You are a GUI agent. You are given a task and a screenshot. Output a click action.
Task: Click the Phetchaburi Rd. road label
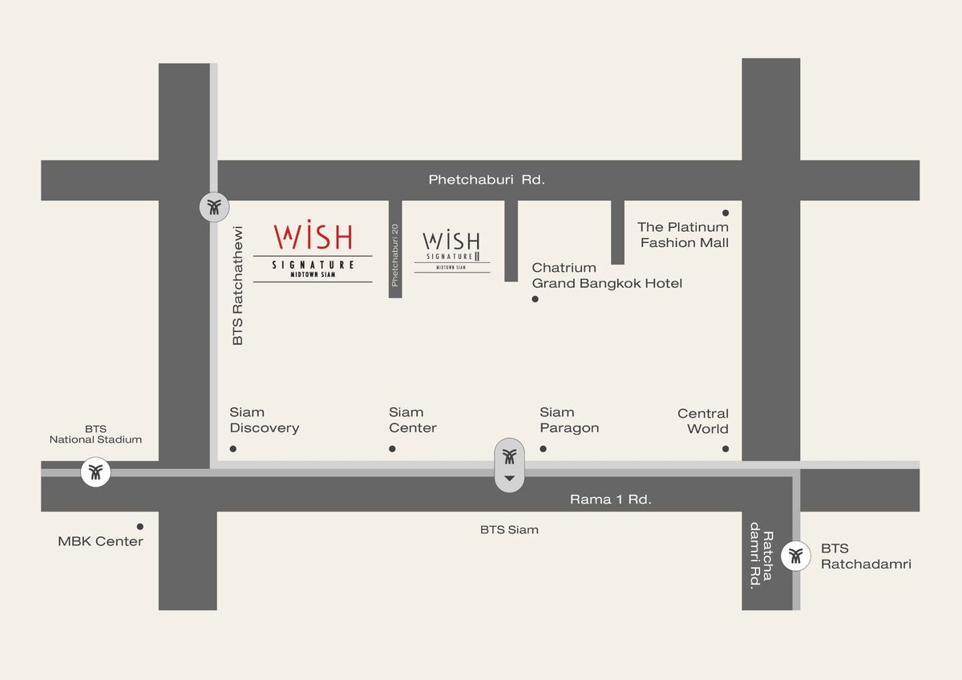pos(487,180)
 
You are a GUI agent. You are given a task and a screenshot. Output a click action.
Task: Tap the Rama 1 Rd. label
pos(610,499)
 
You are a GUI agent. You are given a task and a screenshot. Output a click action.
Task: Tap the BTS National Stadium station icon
pos(96,472)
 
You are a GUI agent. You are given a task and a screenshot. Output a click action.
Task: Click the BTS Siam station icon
pos(509,458)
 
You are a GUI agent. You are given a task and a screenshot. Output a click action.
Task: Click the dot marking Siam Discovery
pos(233,448)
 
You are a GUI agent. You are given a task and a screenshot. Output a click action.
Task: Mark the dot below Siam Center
pos(392,448)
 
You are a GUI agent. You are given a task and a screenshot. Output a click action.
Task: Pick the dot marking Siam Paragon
pos(543,448)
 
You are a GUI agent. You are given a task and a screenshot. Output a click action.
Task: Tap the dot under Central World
pos(726,449)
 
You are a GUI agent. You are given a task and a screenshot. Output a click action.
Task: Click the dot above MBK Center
pos(140,527)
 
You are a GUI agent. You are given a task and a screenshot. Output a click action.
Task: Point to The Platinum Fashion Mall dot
pos(726,212)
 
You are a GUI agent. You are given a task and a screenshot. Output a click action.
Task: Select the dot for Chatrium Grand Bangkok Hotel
pos(535,299)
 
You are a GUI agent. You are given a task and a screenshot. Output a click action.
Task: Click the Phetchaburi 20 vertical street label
pos(394,254)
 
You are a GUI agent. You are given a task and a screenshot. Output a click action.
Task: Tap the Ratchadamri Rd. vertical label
pos(760,561)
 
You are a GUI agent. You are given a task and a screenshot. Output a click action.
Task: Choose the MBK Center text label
pos(100,541)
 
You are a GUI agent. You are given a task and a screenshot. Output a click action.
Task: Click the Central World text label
pos(703,421)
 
